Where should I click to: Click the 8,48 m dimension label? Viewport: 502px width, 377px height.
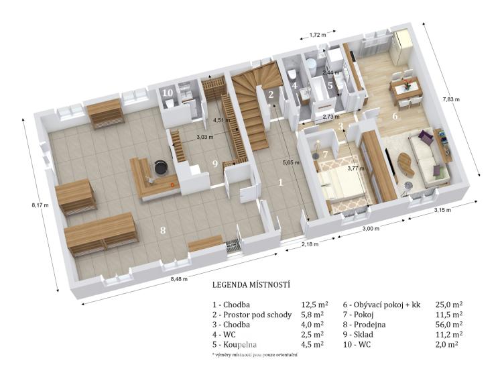click(179, 278)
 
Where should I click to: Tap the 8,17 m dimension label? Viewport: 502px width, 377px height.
click(40, 205)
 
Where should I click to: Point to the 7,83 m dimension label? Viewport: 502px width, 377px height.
click(451, 99)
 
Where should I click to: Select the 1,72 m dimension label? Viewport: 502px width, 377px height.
click(318, 35)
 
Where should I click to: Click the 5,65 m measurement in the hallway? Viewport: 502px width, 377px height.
click(291, 162)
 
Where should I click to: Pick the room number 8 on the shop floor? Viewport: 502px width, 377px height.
click(163, 230)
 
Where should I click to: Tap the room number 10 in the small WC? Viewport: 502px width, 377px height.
click(168, 93)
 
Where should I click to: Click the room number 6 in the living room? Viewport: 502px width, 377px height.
click(395, 116)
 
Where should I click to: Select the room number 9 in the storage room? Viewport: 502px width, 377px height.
click(215, 164)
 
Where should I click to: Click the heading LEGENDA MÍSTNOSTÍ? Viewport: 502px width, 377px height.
click(251, 284)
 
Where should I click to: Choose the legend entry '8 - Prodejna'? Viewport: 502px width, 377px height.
click(365, 325)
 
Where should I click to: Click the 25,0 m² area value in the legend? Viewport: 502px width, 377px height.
click(449, 305)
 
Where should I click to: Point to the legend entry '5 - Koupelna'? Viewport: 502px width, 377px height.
click(235, 345)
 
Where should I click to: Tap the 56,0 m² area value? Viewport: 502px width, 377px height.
click(449, 325)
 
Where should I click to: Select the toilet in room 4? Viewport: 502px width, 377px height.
click(292, 74)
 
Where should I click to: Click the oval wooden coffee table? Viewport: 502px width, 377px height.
click(406, 164)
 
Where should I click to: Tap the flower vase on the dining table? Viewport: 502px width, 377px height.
click(407, 85)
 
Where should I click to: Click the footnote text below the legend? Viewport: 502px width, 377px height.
click(255, 355)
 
